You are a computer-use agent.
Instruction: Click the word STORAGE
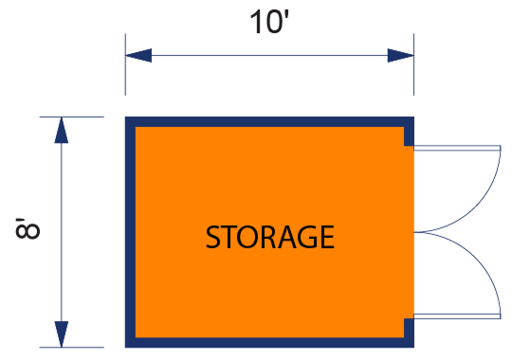(x=270, y=236)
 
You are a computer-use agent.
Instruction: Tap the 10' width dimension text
(x=270, y=21)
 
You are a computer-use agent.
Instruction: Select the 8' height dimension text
(x=28, y=231)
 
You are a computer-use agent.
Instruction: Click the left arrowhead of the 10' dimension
(x=138, y=56)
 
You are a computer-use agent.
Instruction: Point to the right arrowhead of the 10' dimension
(x=401, y=56)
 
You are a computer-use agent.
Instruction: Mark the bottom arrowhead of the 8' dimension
(x=62, y=334)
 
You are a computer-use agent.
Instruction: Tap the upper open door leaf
(x=457, y=148)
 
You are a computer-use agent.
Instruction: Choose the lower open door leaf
(x=457, y=315)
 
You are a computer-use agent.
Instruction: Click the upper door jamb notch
(x=409, y=139)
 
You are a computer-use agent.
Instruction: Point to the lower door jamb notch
(x=409, y=328)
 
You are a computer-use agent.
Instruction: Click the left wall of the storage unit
(x=131, y=232)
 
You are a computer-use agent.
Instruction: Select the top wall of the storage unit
(x=270, y=121)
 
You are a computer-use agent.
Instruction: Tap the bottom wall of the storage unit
(x=270, y=342)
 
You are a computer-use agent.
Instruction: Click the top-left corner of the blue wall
(x=130, y=120)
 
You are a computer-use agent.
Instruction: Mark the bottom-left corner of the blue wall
(x=130, y=343)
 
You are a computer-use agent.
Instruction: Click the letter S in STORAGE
(x=214, y=236)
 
